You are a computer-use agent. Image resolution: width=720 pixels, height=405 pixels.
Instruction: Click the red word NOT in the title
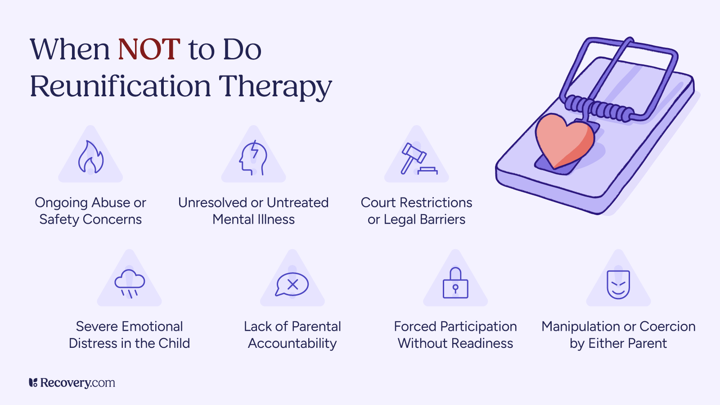pyautogui.click(x=149, y=49)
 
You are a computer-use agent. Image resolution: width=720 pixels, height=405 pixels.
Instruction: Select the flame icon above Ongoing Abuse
pyautogui.click(x=90, y=157)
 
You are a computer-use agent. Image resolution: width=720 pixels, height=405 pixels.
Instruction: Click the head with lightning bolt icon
pyautogui.click(x=253, y=158)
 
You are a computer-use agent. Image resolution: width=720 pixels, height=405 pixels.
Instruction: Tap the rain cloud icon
pyautogui.click(x=130, y=283)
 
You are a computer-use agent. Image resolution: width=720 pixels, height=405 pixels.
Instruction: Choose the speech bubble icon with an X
pyautogui.click(x=292, y=284)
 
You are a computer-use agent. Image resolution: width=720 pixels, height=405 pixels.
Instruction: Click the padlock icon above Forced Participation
pyautogui.click(x=455, y=283)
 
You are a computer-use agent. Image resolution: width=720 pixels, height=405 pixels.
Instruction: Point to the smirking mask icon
pyautogui.click(x=618, y=284)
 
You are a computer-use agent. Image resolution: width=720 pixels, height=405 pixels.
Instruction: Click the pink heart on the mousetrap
pyautogui.click(x=563, y=139)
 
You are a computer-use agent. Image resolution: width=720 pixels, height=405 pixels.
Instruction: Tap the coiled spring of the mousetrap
pyautogui.click(x=599, y=108)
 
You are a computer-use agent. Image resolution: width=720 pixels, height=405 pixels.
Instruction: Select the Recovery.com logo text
pyautogui.click(x=72, y=383)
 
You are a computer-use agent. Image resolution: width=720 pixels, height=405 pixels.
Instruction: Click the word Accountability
pyautogui.click(x=292, y=343)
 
